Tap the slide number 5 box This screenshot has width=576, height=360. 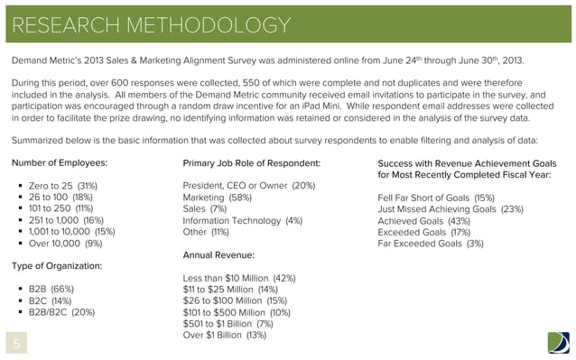coord(15,344)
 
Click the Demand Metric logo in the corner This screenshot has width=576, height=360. coord(558,343)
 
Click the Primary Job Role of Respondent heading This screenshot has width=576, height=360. coord(251,162)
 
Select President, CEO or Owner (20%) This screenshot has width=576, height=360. coord(248,186)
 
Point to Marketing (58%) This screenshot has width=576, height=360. coord(217,197)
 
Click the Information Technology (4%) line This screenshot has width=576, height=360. coord(242,219)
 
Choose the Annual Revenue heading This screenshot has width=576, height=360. coord(218,255)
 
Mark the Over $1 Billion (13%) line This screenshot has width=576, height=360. coord(224,335)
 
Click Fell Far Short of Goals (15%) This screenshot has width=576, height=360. coord(435,197)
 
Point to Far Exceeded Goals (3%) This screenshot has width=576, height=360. coord(430,243)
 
